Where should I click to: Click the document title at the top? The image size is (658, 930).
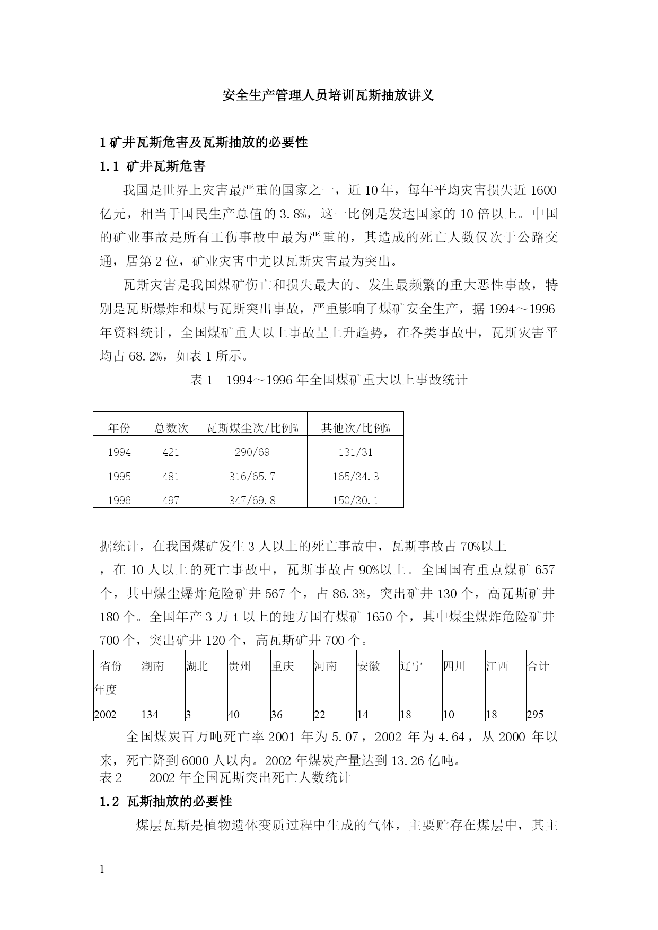[328, 95]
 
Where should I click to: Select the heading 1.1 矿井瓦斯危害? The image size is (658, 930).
[152, 166]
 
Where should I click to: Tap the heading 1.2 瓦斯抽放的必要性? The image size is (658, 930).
[166, 801]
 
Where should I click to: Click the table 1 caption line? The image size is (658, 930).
[328, 380]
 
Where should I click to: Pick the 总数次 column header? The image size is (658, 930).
[171, 428]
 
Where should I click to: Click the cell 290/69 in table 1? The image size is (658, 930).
[252, 452]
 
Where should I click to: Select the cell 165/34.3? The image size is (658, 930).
[355, 476]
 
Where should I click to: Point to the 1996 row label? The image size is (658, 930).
[119, 500]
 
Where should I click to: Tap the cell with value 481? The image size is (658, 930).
[171, 476]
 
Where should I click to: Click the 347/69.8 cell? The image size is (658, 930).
[252, 500]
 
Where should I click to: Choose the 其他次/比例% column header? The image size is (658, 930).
[355, 428]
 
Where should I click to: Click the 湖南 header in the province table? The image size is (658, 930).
[153, 666]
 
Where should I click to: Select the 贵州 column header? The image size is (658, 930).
[239, 666]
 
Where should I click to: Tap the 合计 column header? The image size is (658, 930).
[538, 666]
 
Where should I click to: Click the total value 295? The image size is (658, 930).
[536, 714]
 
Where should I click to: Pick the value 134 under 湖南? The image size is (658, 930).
[150, 714]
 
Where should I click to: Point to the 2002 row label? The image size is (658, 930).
[105, 714]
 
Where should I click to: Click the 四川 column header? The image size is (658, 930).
[454, 666]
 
